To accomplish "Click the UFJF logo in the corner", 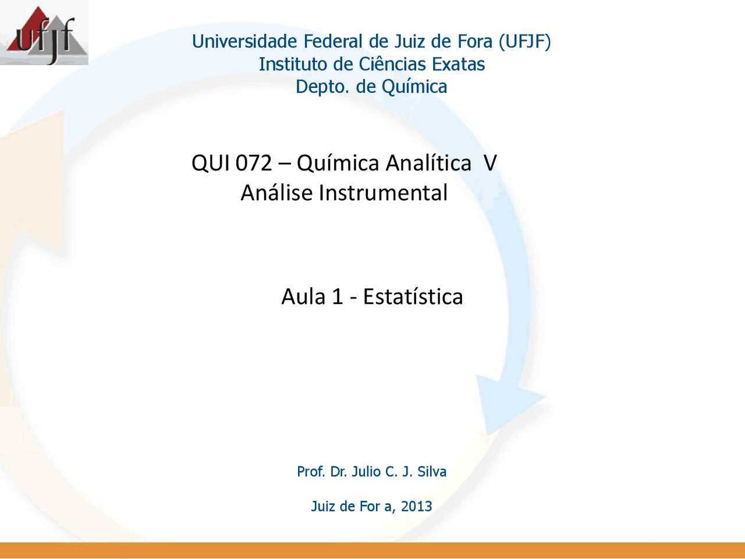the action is [x=44, y=33].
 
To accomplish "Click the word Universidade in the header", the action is [x=244, y=41].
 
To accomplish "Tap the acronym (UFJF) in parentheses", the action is [x=525, y=42].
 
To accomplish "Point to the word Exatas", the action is [x=458, y=64].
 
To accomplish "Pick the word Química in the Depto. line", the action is [x=414, y=87].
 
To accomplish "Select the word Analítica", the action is [x=429, y=162].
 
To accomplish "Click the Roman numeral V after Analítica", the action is [x=490, y=163].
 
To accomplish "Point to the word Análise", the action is [x=276, y=192].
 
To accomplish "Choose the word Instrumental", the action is [x=383, y=192].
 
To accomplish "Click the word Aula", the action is [x=303, y=296].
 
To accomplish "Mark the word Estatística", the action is [x=413, y=296].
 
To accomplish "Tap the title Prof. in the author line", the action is [x=311, y=472].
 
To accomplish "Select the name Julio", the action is [x=366, y=472].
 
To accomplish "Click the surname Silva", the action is [x=432, y=472].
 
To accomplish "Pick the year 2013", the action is [x=417, y=506].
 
